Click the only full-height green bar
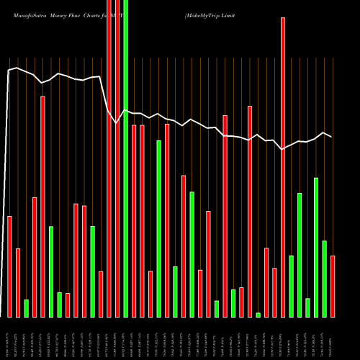pos(126,158)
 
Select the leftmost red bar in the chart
pos(9,266)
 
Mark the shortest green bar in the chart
pos(258,315)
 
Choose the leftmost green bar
pos(26,308)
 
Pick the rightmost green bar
pos(325,279)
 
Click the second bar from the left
pos(18,282)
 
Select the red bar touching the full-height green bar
pos(117,158)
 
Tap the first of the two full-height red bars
pos(109,158)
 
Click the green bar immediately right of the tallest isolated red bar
pos(292,286)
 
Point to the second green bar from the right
pos(316,247)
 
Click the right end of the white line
pos(332,136)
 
